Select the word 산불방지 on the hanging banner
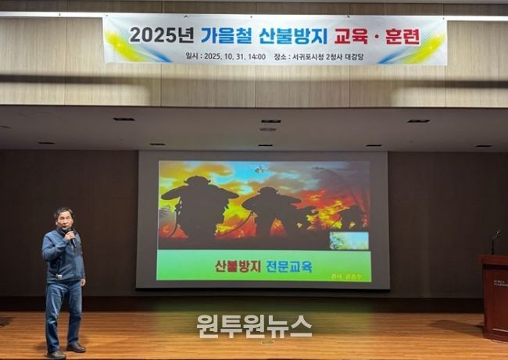coord(292,35)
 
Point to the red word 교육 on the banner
coord(352,35)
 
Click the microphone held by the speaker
coord(70,233)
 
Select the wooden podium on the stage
coord(494,297)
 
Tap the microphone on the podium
coord(495,234)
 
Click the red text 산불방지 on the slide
coord(238,266)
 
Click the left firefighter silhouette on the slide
coord(199,207)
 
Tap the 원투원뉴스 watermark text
coord(254,326)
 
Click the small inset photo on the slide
coord(349,241)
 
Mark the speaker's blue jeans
coord(63,312)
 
